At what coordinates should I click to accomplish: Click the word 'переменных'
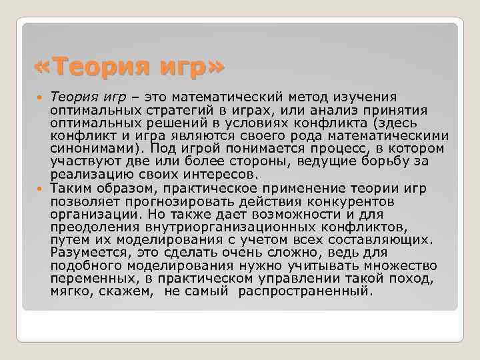(x=92, y=278)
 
